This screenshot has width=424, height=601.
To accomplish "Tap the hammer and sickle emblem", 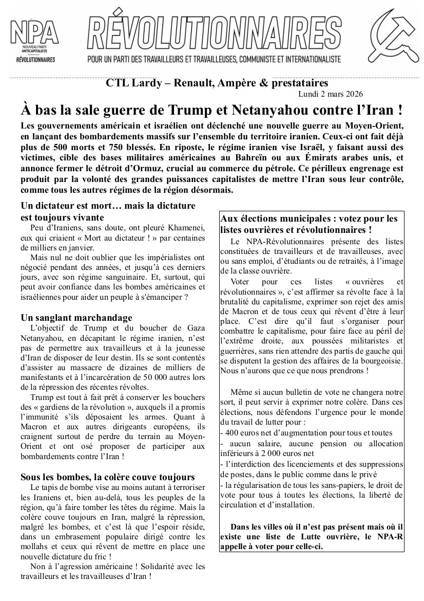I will (391, 43).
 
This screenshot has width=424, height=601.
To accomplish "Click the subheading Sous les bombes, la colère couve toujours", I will (108, 477).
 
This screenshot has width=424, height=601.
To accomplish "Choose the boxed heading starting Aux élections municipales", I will (310, 224).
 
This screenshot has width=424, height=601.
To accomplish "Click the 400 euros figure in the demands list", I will (243, 433).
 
